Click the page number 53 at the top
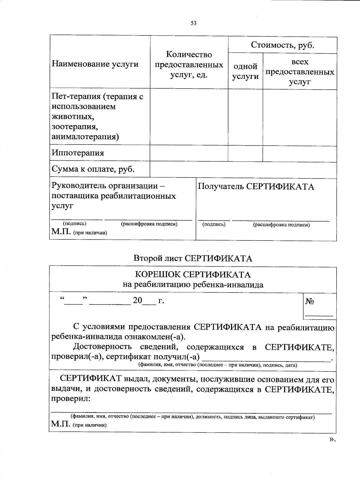193,23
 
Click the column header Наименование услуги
95,64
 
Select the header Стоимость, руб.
282,45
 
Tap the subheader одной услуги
245,72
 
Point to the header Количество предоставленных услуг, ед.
189,65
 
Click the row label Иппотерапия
78,153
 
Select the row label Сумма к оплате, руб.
93,169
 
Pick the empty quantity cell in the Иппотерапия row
189,153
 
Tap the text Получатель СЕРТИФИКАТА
256,187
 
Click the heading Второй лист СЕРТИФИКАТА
193,258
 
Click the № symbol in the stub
310,301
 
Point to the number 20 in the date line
137,300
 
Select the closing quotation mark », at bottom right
331,439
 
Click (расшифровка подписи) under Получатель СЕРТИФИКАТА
281,225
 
